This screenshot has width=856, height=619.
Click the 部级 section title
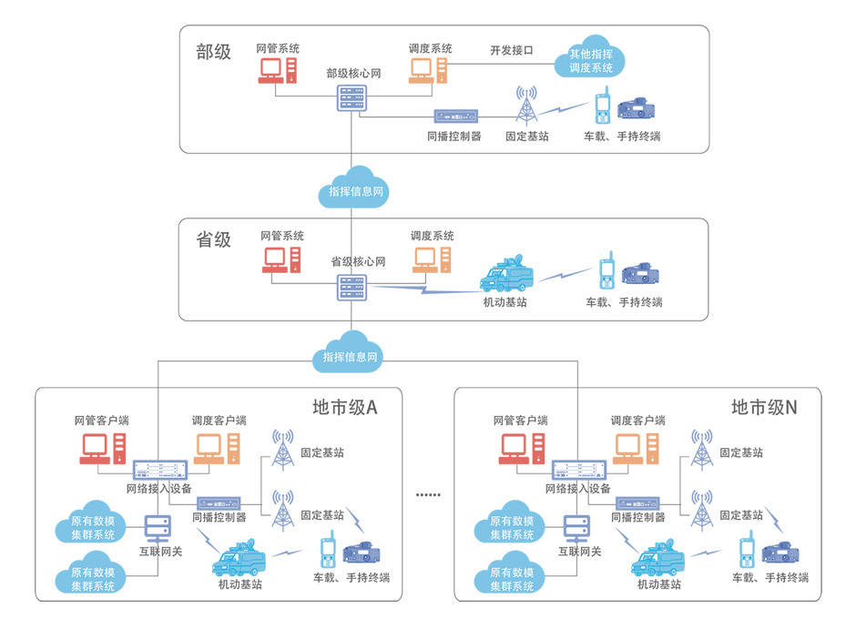coord(214,52)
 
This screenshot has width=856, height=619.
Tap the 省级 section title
coord(214,240)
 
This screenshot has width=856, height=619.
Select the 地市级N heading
coord(764,408)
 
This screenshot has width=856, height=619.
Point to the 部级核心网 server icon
coord(352,99)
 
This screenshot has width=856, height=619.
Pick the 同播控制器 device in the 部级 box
coord(455,117)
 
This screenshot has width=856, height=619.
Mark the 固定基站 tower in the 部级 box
coord(526,106)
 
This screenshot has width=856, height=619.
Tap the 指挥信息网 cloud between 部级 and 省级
coord(353,186)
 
